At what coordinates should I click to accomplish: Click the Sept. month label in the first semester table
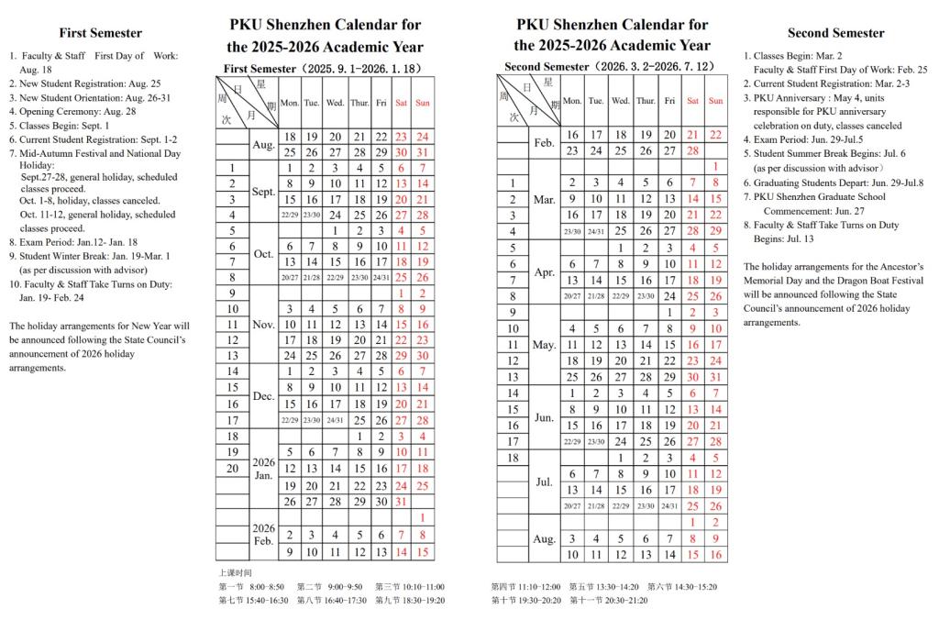point(263,192)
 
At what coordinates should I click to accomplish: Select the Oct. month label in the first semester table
point(263,254)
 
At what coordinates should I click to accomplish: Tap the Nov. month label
point(263,324)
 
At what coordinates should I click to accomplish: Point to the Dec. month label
point(263,395)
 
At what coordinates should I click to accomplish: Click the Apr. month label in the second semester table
point(544,271)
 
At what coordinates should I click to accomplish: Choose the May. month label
point(544,345)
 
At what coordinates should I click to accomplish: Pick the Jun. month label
point(544,416)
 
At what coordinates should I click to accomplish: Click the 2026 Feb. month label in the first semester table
point(263,535)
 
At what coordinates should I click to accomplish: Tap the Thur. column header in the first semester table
point(359,103)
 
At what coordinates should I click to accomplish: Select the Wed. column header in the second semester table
point(621,101)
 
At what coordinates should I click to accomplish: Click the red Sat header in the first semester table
point(401,103)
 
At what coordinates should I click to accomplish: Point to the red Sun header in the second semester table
point(715,101)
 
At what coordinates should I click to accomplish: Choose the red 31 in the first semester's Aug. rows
point(423,152)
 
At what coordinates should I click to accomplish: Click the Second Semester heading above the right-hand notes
point(835,33)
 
